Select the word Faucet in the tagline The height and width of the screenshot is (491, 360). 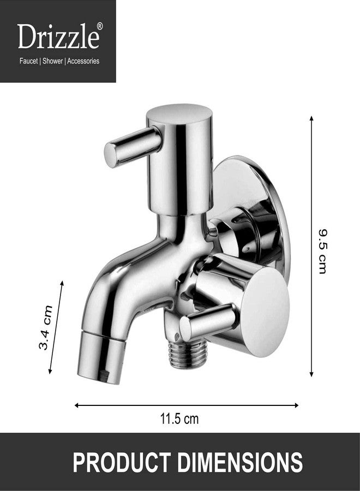click(x=28, y=61)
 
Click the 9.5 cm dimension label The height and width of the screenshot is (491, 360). click(x=322, y=250)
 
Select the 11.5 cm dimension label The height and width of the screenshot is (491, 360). click(x=179, y=419)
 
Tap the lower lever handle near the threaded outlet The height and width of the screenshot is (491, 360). click(x=207, y=324)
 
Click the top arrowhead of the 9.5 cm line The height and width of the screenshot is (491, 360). click(x=311, y=118)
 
